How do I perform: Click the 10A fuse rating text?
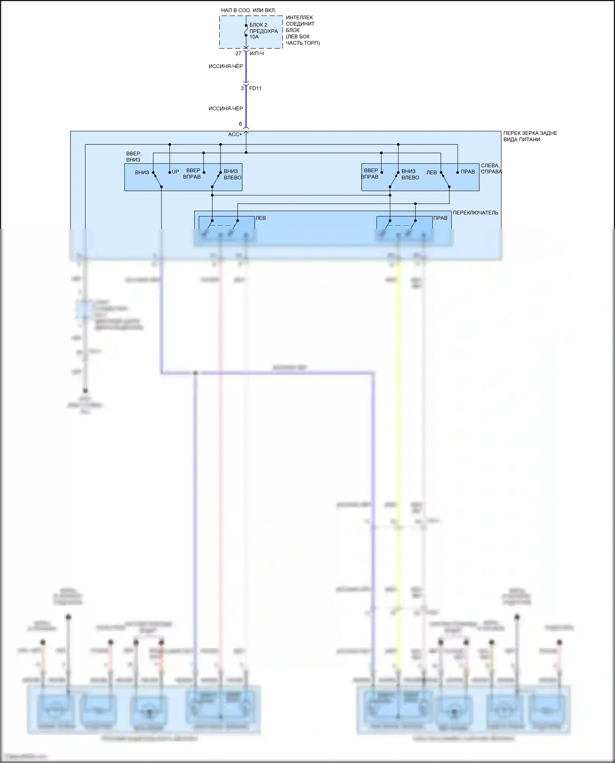[x=254, y=37]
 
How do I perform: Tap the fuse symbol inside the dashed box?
[x=246, y=30]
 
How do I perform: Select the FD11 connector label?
[x=255, y=88]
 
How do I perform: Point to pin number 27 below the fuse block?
[x=238, y=53]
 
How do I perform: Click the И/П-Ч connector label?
[x=257, y=53]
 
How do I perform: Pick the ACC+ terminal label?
[x=235, y=134]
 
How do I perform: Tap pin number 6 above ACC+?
[x=240, y=124]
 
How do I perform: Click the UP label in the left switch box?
[x=175, y=172]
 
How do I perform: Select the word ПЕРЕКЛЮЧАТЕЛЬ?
[x=475, y=212]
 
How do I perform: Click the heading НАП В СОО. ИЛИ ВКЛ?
[x=248, y=10]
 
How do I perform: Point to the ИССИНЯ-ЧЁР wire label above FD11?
[x=225, y=66]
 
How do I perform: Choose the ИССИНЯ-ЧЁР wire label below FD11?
[x=225, y=108]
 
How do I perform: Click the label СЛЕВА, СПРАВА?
[x=491, y=169]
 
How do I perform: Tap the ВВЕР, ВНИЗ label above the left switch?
[x=134, y=157]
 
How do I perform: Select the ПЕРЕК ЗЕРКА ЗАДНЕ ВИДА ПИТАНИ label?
[x=530, y=136]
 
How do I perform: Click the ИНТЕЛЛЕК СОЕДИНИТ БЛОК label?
[x=300, y=24]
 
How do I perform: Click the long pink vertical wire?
[x=220, y=451]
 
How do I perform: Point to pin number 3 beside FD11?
[x=242, y=88]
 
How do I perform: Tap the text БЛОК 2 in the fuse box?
[x=258, y=25]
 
